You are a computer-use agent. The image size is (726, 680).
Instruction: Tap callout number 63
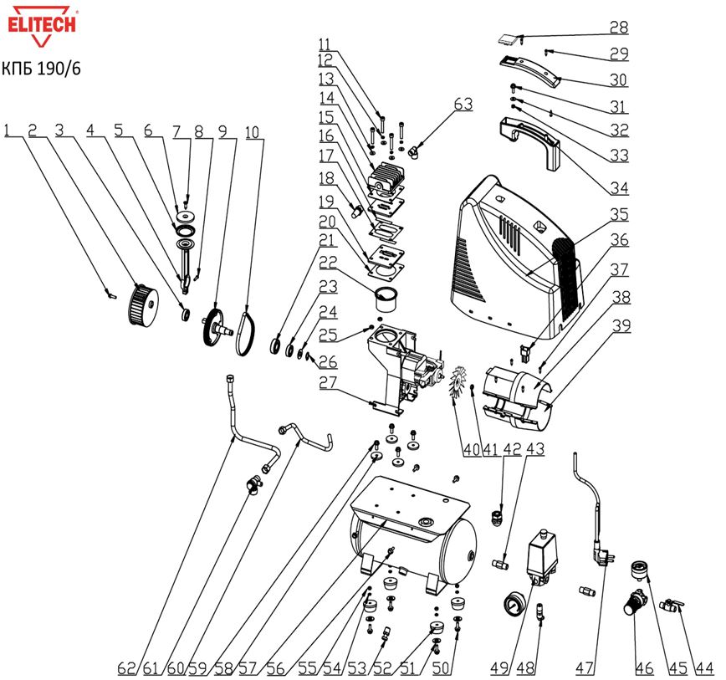pos(463,105)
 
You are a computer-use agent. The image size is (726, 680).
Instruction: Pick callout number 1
pos(9,130)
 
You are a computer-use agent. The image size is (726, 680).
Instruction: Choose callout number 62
pos(125,667)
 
